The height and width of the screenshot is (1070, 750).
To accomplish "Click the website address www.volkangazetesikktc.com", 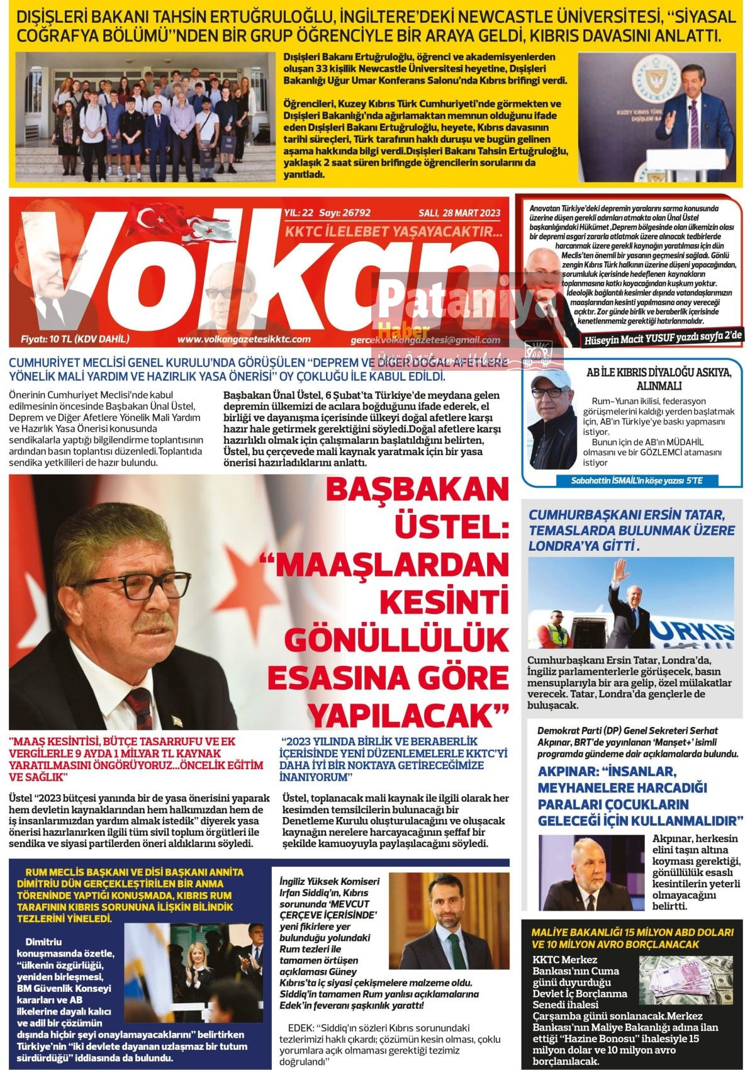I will coord(243,339).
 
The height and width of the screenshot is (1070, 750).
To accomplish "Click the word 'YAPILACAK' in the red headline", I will coord(409,715).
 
